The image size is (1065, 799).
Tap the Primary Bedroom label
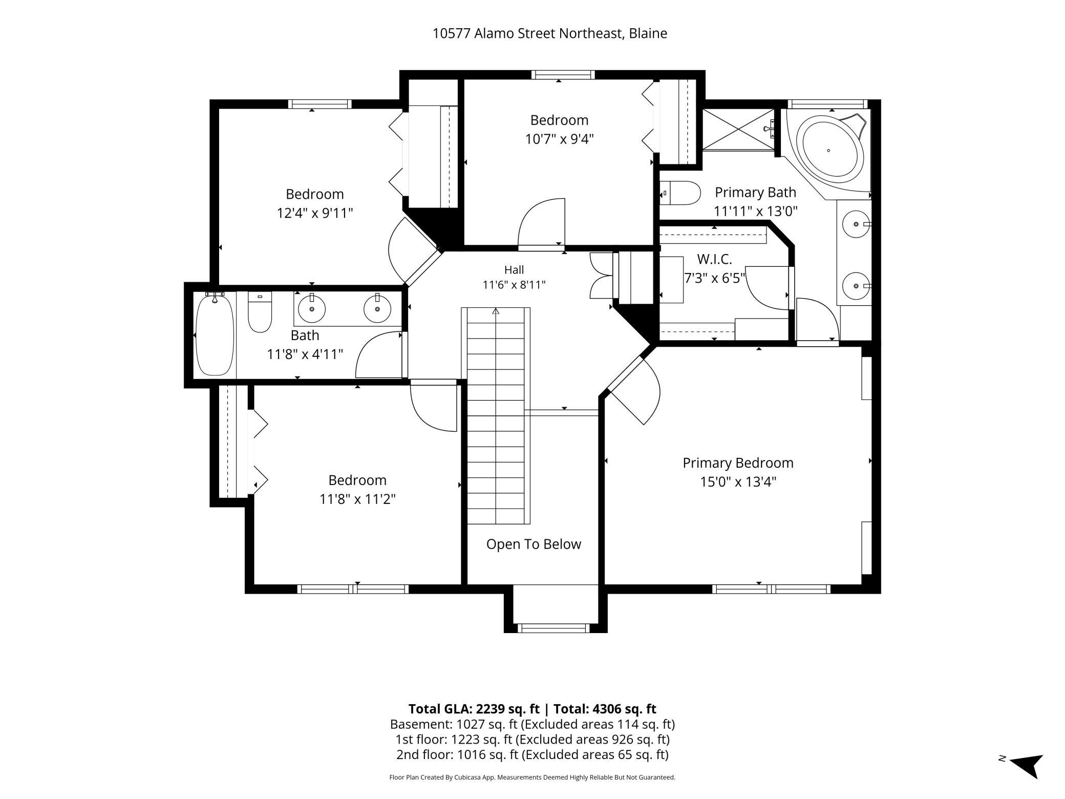tap(738, 463)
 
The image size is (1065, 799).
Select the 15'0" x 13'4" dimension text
tap(738, 482)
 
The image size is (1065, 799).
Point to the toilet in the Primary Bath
tap(679, 194)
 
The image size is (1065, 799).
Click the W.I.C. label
tap(714, 259)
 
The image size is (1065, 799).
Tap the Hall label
tap(514, 269)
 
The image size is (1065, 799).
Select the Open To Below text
tap(534, 544)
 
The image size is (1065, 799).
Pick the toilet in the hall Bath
tap(260, 312)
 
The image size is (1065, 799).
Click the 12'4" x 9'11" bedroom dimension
tap(315, 213)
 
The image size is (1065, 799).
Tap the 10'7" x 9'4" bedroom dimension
tap(559, 139)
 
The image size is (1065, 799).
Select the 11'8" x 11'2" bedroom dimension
tap(357, 499)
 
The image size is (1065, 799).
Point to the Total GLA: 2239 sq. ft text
tap(474, 709)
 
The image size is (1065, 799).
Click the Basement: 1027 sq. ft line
tap(532, 724)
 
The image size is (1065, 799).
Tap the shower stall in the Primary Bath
tap(738, 130)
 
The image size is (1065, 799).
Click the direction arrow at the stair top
tap(496, 311)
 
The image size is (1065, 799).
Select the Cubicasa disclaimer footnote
tap(532, 777)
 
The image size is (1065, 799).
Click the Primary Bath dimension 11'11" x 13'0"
tap(756, 211)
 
